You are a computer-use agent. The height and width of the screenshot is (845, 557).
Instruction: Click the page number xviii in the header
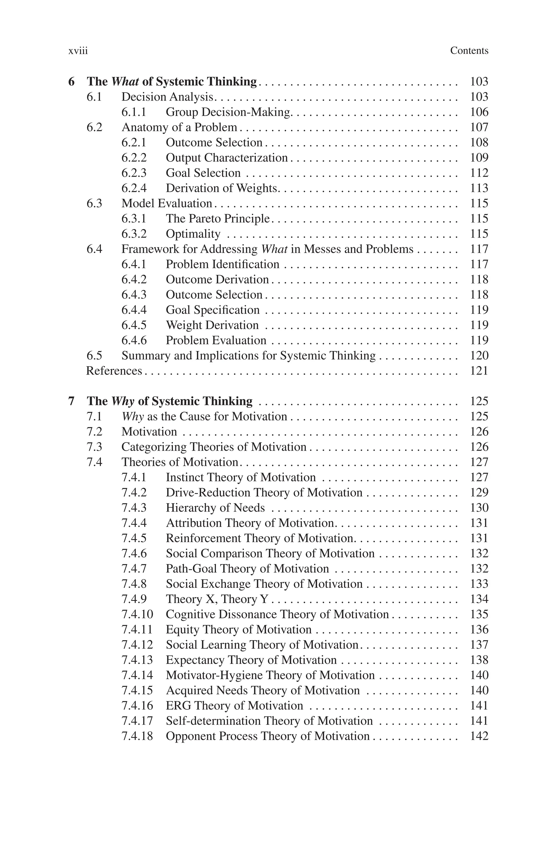(x=78, y=51)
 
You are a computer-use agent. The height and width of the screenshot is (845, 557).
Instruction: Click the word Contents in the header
(x=469, y=51)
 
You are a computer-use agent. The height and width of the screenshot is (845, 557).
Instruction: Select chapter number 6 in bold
(x=72, y=82)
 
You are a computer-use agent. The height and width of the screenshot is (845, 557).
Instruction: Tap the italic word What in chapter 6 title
(x=125, y=82)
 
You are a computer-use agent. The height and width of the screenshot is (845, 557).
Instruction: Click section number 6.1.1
(x=134, y=112)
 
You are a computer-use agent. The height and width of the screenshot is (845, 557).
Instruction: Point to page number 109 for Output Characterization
(x=479, y=158)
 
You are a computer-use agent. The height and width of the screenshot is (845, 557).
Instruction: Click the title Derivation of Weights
(x=221, y=188)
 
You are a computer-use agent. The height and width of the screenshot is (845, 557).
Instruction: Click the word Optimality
(x=193, y=234)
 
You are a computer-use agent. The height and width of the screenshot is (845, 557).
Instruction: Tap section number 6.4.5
(x=134, y=325)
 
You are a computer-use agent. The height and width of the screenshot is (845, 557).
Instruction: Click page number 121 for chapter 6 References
(x=479, y=371)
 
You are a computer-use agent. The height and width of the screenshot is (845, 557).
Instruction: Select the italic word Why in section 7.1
(x=132, y=416)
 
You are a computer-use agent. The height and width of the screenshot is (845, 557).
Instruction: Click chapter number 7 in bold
(x=72, y=401)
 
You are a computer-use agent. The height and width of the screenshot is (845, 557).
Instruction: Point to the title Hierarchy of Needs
(x=215, y=508)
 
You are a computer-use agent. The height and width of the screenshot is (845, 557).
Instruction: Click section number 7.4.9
(x=134, y=599)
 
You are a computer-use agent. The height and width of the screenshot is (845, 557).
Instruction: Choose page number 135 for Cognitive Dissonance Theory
(x=479, y=614)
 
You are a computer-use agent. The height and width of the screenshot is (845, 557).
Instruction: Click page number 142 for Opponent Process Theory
(x=479, y=736)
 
